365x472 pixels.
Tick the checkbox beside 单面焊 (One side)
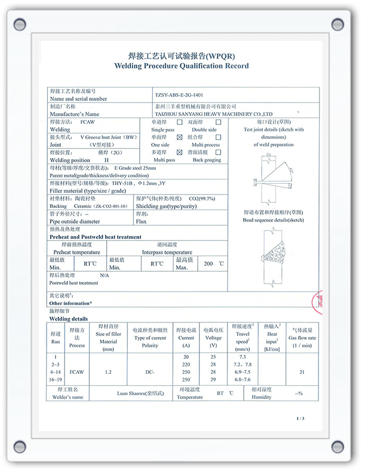180,137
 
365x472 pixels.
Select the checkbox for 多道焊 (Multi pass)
180,152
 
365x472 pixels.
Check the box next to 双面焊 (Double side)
218,122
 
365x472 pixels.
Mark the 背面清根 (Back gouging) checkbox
218,152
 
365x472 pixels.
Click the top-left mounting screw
20,24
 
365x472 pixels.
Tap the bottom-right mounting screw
337,446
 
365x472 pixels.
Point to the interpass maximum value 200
208,263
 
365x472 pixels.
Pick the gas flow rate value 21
302,372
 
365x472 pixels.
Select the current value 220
186,364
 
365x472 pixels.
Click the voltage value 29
213,380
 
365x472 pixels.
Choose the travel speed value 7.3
243,357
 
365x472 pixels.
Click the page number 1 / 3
300,419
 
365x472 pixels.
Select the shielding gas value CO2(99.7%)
202,198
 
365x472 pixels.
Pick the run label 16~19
55,380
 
